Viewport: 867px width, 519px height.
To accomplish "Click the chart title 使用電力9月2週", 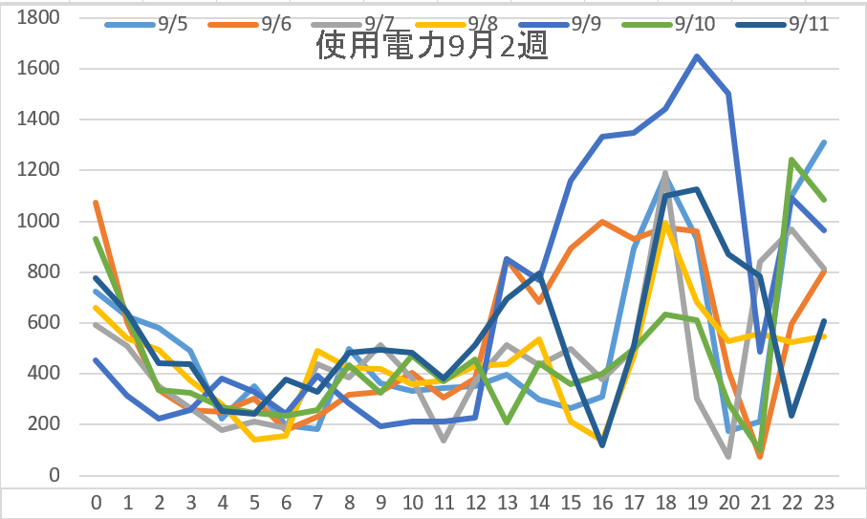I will [x=431, y=46].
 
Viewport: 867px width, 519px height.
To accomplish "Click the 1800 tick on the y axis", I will [x=39, y=18].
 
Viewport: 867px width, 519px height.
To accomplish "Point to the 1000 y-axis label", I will [x=39, y=221].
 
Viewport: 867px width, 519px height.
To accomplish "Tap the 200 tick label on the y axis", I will [x=44, y=424].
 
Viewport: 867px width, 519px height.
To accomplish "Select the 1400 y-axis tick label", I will [x=39, y=119].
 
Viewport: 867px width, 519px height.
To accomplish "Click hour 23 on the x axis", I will [x=824, y=501].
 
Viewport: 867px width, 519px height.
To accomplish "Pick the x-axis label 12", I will [x=475, y=501].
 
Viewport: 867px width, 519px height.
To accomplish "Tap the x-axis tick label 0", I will [x=96, y=501].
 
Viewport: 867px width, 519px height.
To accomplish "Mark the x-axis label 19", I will [x=697, y=501].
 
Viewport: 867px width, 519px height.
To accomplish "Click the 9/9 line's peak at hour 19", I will [x=697, y=56].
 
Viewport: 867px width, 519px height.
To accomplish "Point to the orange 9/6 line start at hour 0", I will [x=96, y=203].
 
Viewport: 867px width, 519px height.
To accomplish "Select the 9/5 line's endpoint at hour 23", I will [x=824, y=142].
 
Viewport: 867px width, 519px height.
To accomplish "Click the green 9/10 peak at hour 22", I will [x=792, y=160].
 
